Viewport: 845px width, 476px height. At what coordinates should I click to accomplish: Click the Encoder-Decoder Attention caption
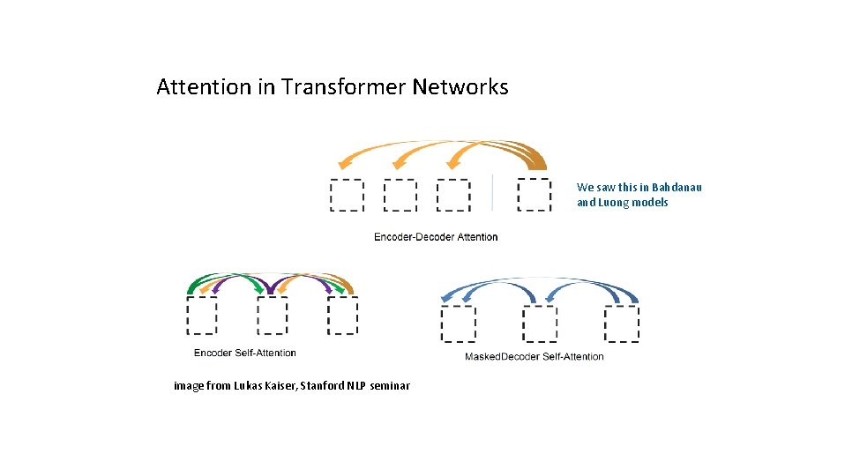point(436,236)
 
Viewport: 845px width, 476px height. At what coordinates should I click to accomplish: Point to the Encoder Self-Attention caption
point(245,353)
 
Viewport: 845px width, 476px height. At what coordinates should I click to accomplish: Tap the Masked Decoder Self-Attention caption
point(534,356)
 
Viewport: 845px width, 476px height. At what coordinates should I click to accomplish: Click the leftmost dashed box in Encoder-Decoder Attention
point(346,195)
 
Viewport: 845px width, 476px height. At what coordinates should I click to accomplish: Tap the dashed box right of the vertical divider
point(534,195)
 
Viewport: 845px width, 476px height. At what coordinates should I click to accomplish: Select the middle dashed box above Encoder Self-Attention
point(273,315)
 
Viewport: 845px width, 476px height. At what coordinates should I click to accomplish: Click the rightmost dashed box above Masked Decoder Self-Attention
point(622,324)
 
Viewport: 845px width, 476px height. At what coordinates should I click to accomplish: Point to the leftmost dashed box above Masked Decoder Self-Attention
point(458,324)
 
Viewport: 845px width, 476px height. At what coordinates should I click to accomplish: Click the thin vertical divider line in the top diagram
point(492,192)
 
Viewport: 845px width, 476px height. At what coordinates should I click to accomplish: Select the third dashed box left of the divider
point(453,195)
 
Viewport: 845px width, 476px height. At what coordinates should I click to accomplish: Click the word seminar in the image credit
point(390,386)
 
